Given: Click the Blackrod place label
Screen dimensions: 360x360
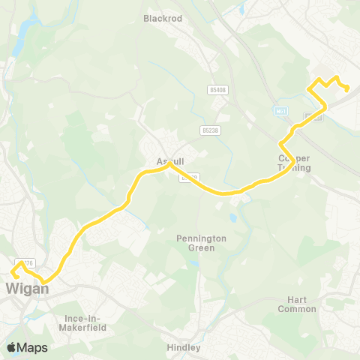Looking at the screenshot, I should [163, 18].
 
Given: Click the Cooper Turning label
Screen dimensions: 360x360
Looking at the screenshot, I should [294, 163].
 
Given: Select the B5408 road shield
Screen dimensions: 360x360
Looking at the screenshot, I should [217, 90].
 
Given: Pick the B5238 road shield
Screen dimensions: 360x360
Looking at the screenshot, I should [211, 130].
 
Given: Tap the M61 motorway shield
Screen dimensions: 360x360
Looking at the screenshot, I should [281, 111].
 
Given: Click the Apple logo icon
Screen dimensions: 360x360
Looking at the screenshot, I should [12, 347].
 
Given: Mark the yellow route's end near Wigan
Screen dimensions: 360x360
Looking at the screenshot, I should [16, 275].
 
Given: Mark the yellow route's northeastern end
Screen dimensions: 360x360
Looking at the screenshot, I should [349, 91].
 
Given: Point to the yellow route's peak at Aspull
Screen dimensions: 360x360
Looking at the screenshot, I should [170, 166].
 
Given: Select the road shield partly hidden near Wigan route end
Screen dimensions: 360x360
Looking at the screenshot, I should [27, 263].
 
